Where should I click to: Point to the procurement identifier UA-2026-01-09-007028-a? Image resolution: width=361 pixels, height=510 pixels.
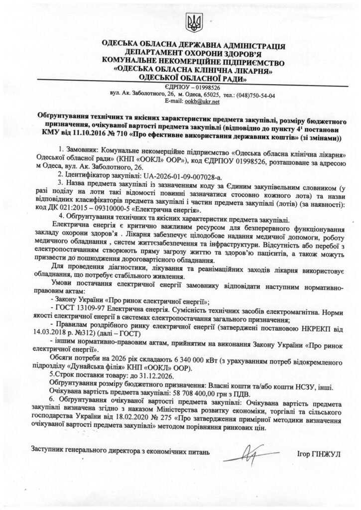184,176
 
